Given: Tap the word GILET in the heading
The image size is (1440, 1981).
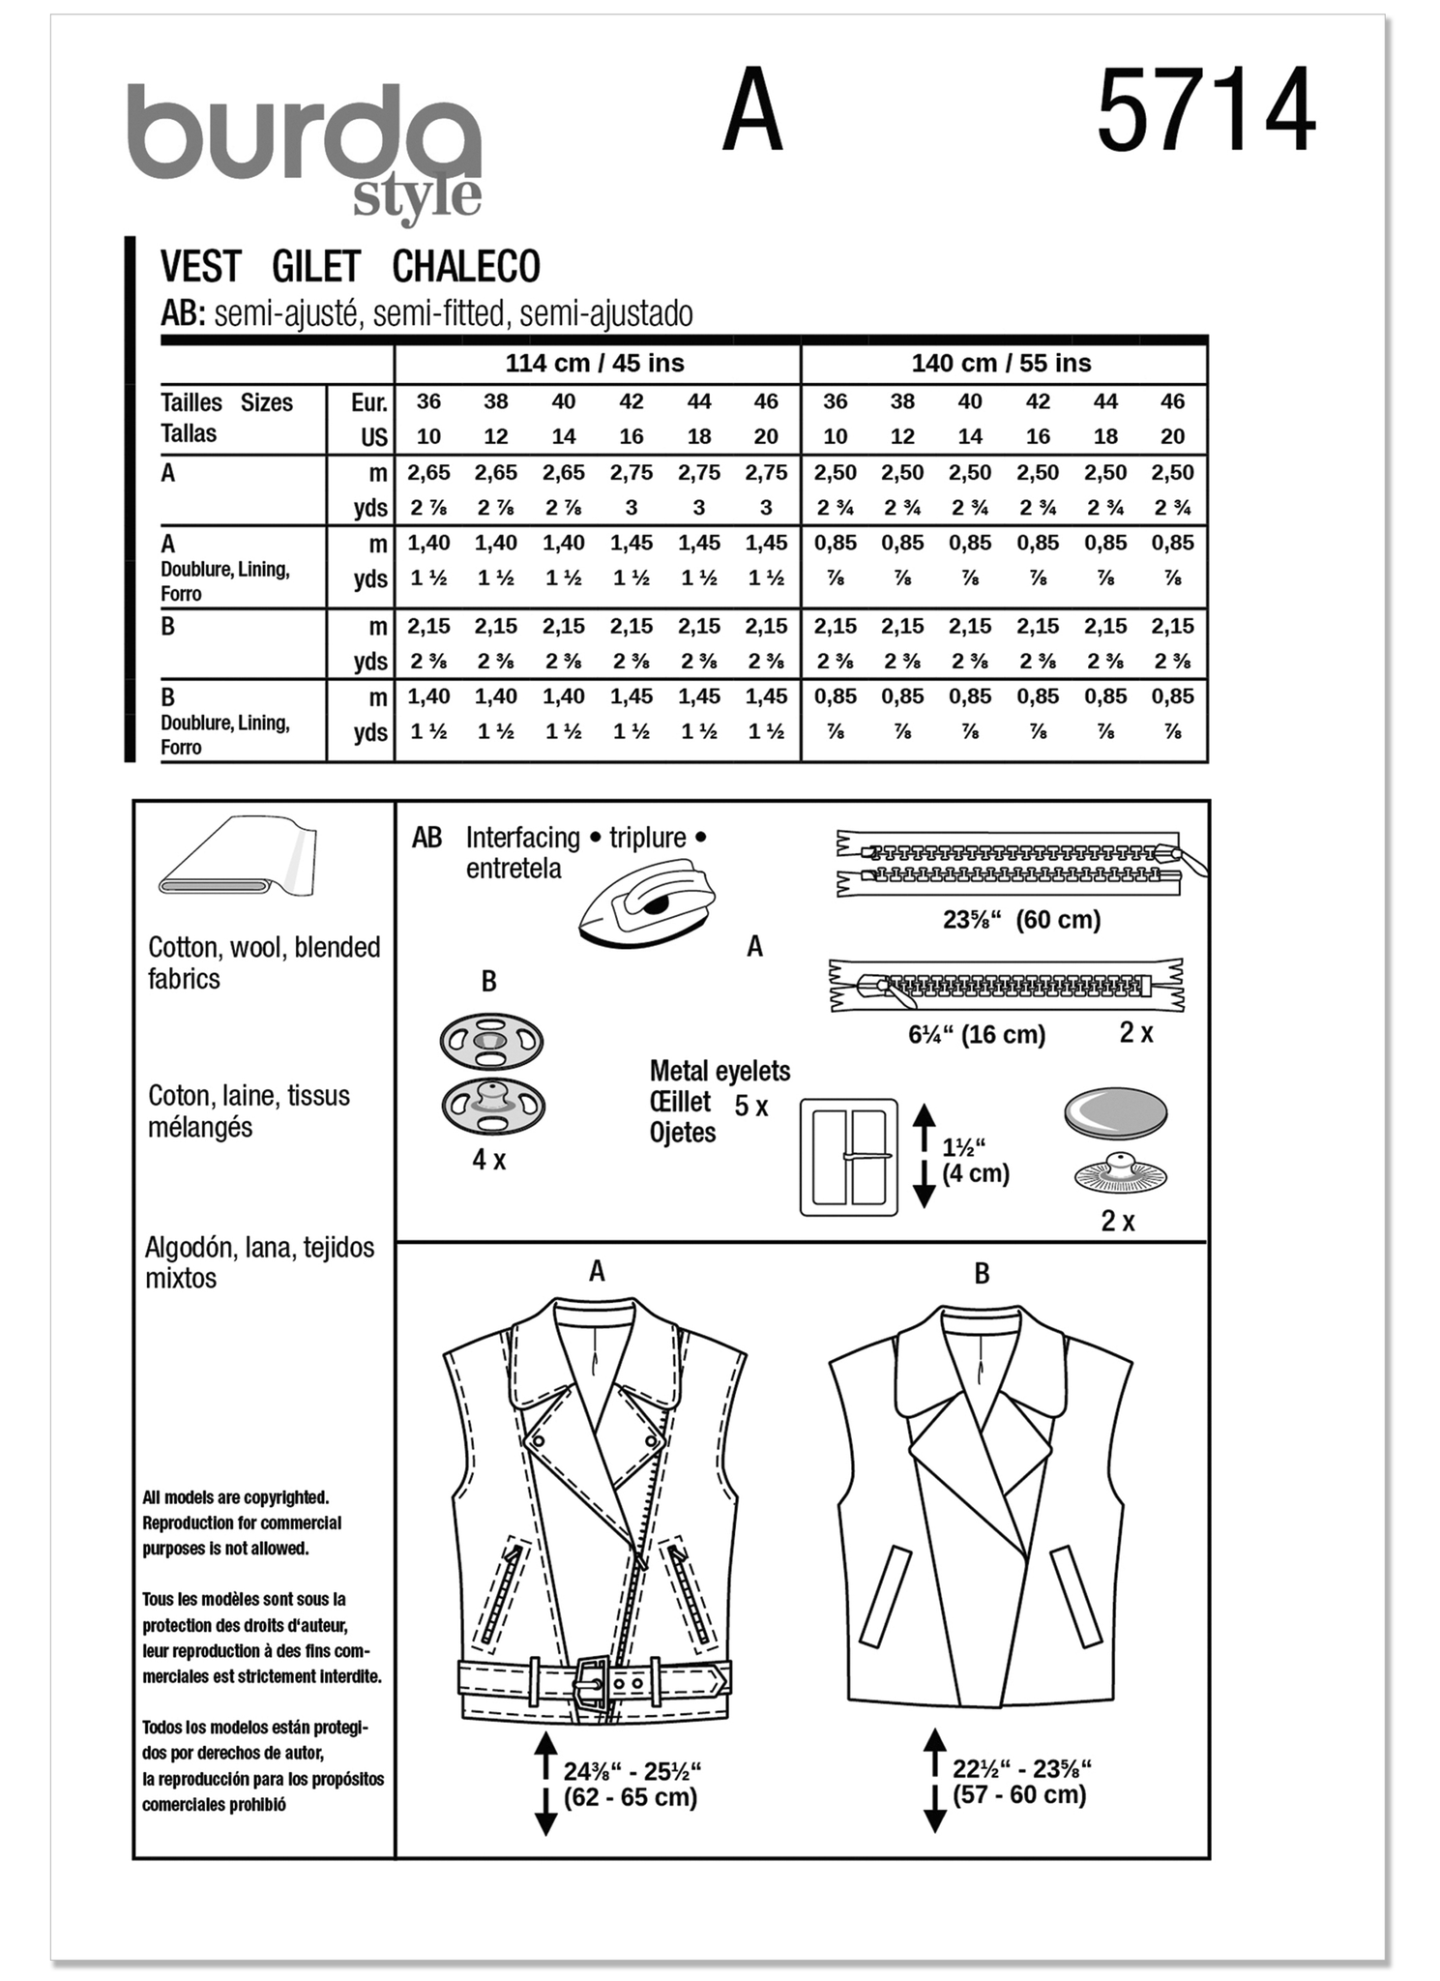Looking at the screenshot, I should (x=316, y=266).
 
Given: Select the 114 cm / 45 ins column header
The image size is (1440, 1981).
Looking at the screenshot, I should (x=595, y=364).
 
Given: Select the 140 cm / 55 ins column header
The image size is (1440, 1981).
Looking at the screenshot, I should (x=1001, y=364).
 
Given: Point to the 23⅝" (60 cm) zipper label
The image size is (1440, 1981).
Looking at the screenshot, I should (x=1021, y=920).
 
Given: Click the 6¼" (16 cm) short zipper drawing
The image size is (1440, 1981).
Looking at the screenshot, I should (x=1006, y=988).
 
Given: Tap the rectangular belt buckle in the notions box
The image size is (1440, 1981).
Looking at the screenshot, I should (x=848, y=1157).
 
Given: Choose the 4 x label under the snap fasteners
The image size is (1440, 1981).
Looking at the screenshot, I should (x=488, y=1160).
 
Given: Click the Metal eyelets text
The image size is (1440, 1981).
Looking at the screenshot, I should (x=720, y=1072).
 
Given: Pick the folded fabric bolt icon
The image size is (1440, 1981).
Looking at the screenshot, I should (x=238, y=858).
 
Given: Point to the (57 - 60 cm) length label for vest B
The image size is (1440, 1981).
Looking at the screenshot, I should (x=1019, y=1796).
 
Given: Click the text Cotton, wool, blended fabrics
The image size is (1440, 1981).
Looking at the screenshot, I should (x=263, y=962).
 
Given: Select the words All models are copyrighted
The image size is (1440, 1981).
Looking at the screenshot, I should (x=236, y=1498).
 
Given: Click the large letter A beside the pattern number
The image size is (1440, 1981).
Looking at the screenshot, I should (x=751, y=113).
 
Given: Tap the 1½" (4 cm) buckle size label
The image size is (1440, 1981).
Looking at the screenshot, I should (x=975, y=1161).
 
